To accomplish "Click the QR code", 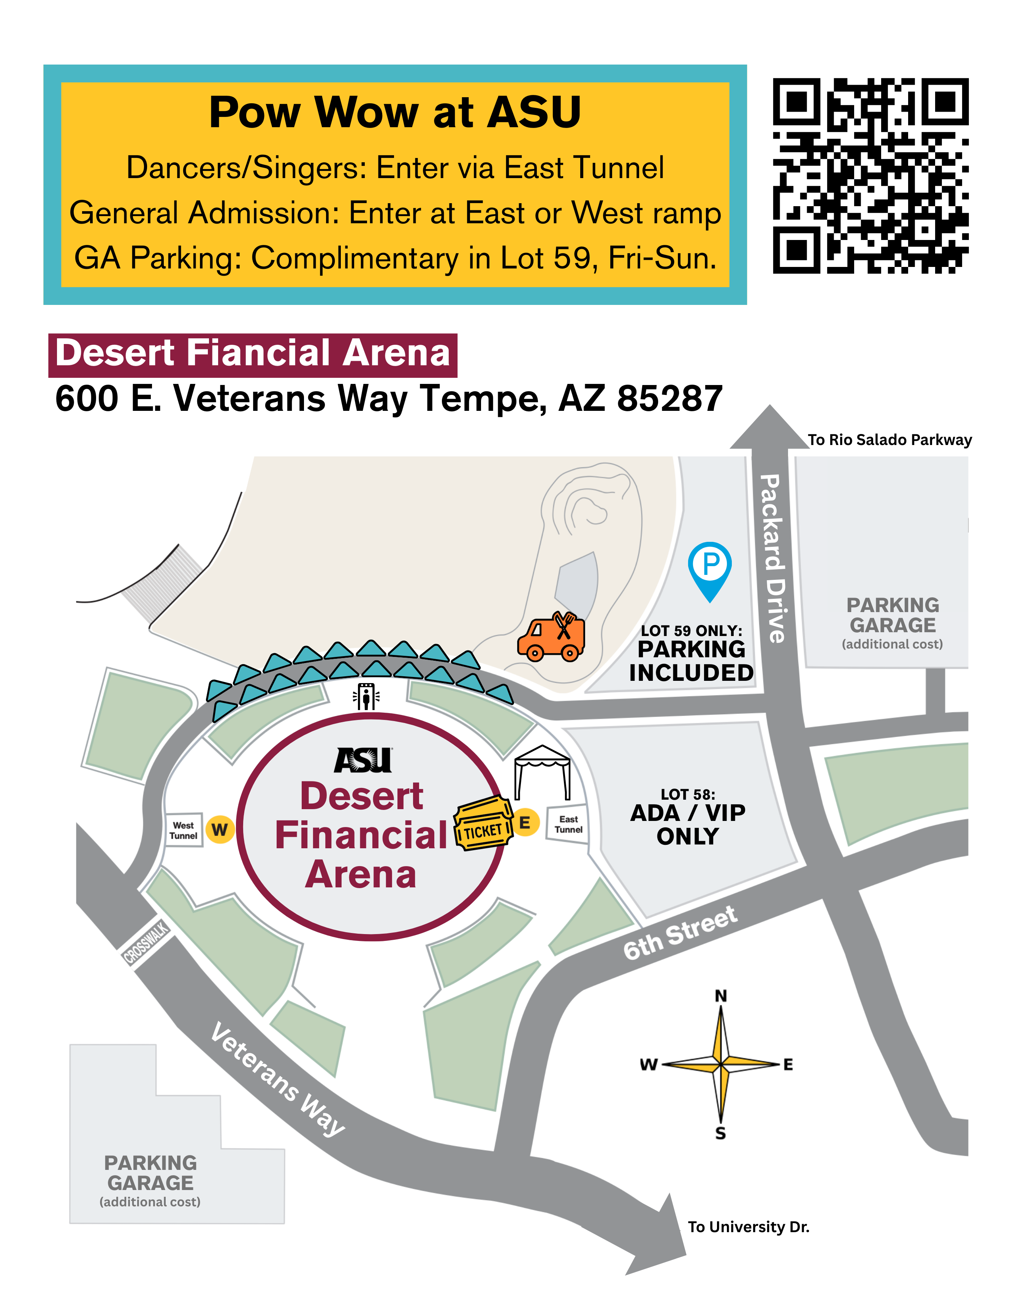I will click(870, 176).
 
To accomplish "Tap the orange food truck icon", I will click(551, 637).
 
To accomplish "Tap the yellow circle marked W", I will click(220, 830).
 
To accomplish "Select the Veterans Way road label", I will click(278, 1080).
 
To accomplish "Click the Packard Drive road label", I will click(772, 558).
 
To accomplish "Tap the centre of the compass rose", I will click(721, 1064).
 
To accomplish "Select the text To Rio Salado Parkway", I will click(890, 440).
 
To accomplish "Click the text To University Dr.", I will click(748, 1226).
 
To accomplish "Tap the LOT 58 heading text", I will click(688, 794).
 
